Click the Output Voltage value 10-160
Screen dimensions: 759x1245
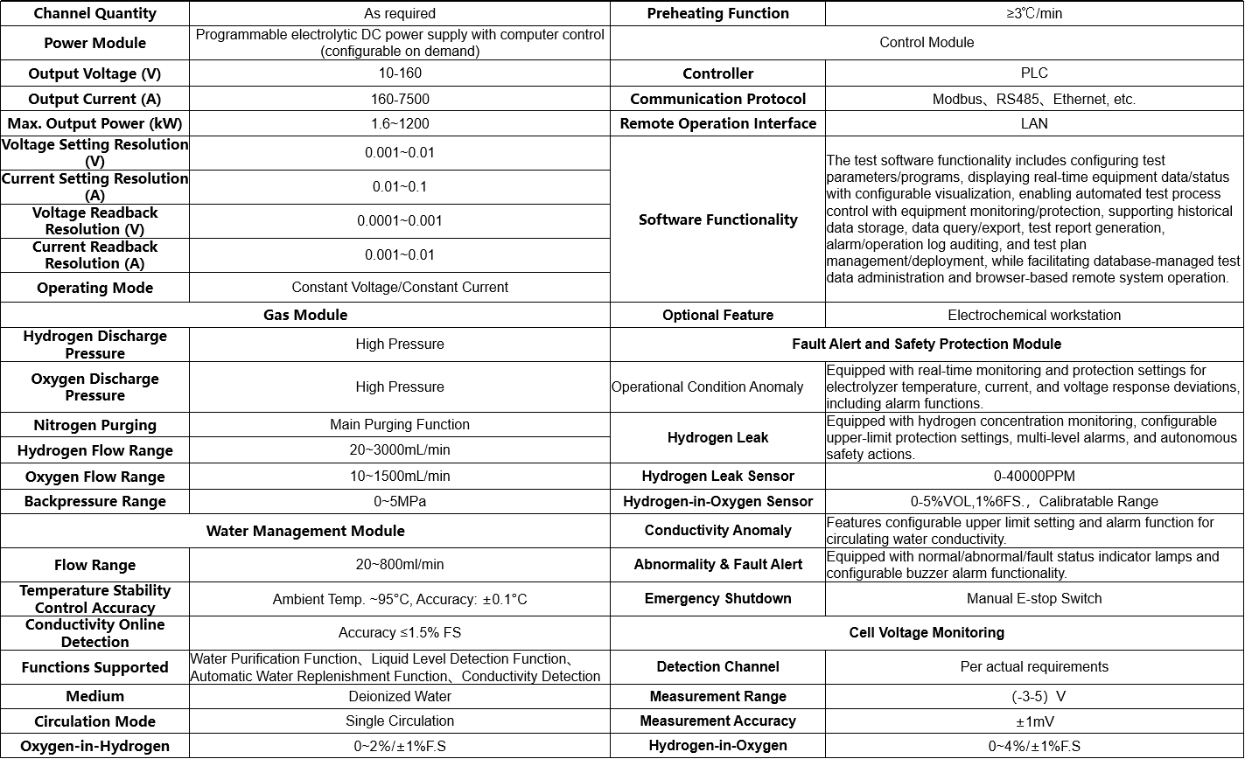pyautogui.click(x=400, y=73)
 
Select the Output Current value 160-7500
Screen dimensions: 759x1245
pyautogui.click(x=400, y=99)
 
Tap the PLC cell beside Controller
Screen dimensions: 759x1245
pyautogui.click(x=1033, y=73)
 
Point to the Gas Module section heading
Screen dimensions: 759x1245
pyautogui.click(x=305, y=315)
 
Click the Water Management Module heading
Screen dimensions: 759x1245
pyautogui.click(x=305, y=531)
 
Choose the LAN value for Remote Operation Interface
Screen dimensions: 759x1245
pyautogui.click(x=1033, y=123)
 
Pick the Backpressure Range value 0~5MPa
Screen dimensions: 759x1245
pyautogui.click(x=400, y=501)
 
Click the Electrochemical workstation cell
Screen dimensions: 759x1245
pyautogui.click(x=1033, y=315)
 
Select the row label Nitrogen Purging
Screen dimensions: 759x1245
pyautogui.click(x=94, y=425)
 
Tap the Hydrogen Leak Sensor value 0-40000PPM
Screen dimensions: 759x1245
pyautogui.click(x=1033, y=476)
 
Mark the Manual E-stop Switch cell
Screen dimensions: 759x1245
pyautogui.click(x=1033, y=598)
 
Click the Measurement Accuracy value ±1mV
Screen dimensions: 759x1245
pyautogui.click(x=1033, y=721)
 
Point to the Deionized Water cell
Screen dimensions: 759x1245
pyautogui.click(x=400, y=696)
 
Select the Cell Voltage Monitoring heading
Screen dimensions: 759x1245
pyautogui.click(x=927, y=632)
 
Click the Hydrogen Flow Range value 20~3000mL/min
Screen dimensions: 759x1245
pyautogui.click(x=400, y=449)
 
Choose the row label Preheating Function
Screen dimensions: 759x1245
pyautogui.click(x=717, y=13)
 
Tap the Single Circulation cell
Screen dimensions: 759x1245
pyautogui.click(x=400, y=721)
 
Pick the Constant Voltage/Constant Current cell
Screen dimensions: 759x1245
pyautogui.click(x=400, y=287)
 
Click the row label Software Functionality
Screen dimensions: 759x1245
pyautogui.click(x=717, y=219)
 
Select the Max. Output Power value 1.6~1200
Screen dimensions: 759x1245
pyautogui.click(x=400, y=123)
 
